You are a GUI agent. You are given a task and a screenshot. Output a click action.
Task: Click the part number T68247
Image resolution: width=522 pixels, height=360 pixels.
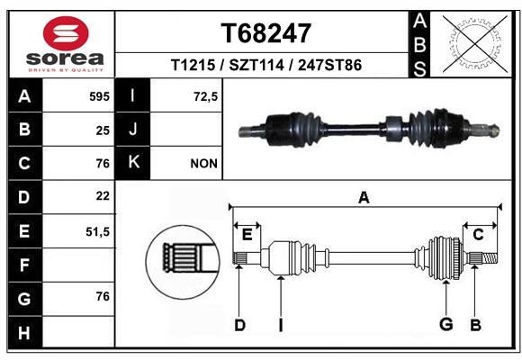(266, 33)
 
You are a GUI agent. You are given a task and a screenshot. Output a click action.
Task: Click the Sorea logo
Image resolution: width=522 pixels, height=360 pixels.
(66, 42)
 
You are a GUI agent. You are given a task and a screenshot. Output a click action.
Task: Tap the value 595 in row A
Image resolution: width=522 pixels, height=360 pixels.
(99, 94)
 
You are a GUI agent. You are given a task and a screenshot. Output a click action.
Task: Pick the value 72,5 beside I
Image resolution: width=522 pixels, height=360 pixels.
(206, 94)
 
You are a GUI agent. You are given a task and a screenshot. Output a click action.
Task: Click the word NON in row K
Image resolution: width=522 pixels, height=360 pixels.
(203, 164)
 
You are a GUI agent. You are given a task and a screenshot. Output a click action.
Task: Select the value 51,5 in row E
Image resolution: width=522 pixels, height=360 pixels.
(97, 231)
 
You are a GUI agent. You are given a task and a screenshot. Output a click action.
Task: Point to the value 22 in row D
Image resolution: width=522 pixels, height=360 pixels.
(103, 196)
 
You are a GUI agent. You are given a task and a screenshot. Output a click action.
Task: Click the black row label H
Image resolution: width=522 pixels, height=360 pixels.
(23, 333)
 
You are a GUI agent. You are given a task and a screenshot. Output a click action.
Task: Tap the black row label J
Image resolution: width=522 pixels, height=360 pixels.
(133, 130)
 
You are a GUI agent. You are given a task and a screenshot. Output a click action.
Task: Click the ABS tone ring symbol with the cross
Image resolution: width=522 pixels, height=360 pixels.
(475, 43)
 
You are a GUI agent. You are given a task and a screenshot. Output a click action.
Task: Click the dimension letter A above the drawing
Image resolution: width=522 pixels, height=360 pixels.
(364, 197)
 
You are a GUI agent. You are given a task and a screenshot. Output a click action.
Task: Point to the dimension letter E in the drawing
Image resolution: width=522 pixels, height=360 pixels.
(247, 234)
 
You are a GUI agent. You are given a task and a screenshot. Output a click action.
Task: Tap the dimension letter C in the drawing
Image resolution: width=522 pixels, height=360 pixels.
(479, 234)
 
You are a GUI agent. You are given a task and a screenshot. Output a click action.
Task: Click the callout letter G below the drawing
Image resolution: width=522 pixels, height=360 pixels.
(444, 325)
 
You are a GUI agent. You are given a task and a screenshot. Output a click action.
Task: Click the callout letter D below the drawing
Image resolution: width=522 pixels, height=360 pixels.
(239, 325)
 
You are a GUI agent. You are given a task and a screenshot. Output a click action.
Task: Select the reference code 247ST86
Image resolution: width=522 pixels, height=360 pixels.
(333, 67)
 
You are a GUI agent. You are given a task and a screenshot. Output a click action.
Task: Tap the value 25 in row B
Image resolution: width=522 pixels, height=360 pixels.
(103, 130)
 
